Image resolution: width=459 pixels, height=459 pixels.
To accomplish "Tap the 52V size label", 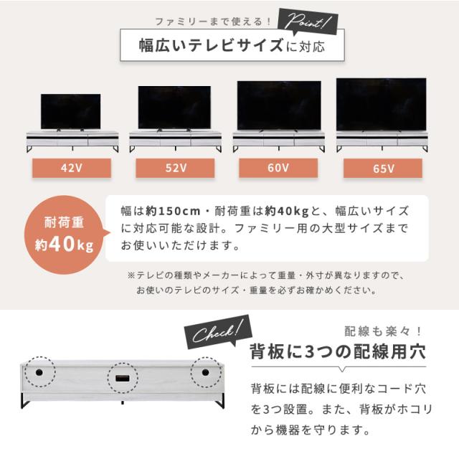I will [174, 169].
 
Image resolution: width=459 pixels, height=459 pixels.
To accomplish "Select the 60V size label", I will [278, 169].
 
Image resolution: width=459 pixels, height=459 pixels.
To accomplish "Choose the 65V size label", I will [384, 169].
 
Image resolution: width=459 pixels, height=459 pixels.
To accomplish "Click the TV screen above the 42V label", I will [70, 111].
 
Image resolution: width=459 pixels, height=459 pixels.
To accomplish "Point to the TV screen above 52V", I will [174, 107].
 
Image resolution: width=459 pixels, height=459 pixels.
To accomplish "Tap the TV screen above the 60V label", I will [278, 105].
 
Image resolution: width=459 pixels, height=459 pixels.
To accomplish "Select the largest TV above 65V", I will [381, 103].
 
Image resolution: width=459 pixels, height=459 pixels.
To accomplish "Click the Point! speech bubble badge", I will [308, 23].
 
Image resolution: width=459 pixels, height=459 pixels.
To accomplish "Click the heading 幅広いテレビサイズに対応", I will [231, 47].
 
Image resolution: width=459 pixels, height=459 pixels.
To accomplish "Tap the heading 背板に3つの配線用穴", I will [336, 352].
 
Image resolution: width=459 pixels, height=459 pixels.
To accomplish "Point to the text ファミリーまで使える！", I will [213, 22].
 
